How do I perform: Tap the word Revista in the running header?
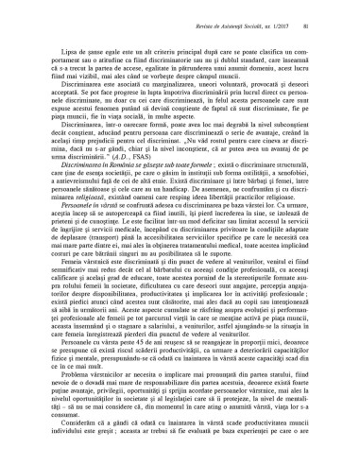coord(209,13)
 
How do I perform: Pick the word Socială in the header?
coord(259,13)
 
